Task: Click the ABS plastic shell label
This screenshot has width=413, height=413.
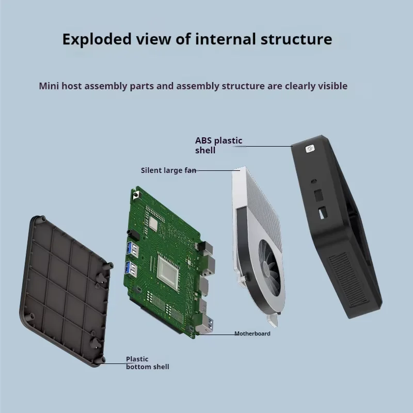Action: [218, 145]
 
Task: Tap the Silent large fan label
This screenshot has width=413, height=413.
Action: [168, 170]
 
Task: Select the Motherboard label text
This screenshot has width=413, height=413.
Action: [252, 333]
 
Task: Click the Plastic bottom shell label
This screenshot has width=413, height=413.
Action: [147, 362]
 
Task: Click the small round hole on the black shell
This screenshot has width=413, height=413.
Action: [314, 181]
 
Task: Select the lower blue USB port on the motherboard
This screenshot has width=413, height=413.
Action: [131, 269]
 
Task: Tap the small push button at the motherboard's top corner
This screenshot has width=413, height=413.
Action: [136, 197]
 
